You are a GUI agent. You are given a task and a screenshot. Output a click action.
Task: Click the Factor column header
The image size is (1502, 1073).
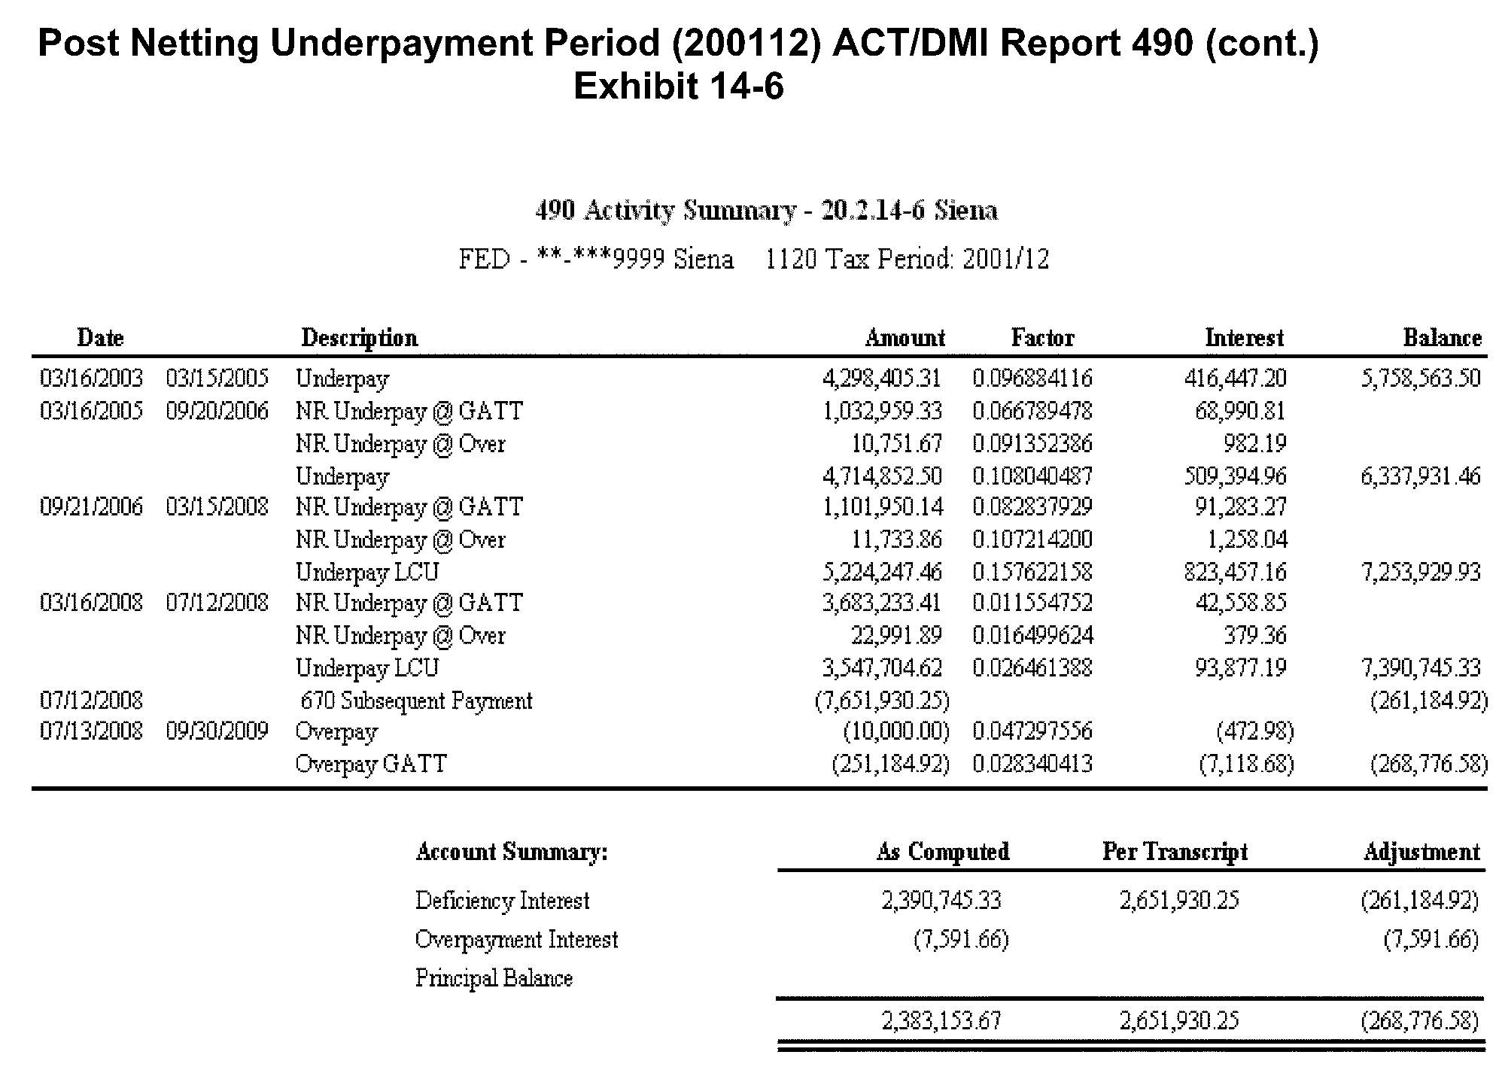[x=1042, y=338]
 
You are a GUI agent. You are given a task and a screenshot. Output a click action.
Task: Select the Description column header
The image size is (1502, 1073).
[x=359, y=338]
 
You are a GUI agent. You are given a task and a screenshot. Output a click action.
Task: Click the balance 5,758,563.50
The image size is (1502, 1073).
[x=1420, y=378]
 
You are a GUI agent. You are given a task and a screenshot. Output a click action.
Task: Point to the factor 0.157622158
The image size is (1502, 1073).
[x=1032, y=572]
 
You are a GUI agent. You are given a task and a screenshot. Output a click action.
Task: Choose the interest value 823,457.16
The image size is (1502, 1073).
[x=1235, y=572]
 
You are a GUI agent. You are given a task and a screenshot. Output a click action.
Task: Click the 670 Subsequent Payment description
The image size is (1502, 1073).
[x=416, y=701]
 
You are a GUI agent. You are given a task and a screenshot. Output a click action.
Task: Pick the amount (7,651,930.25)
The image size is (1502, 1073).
[x=882, y=701]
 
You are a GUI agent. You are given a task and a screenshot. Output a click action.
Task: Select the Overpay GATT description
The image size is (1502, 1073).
[x=371, y=764]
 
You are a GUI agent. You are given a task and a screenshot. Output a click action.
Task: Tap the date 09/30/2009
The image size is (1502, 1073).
[x=217, y=731]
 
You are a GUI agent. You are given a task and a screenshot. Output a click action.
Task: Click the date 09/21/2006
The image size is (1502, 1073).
[x=91, y=506]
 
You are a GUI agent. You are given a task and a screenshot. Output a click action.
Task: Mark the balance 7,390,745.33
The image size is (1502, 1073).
[x=1420, y=667]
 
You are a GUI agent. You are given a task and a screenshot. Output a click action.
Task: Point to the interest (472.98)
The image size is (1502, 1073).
[x=1254, y=731]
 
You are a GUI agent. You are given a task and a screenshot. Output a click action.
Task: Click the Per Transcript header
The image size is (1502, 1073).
[x=1175, y=852]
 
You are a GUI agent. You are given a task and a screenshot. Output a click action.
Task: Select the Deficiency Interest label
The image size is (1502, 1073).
[x=502, y=901]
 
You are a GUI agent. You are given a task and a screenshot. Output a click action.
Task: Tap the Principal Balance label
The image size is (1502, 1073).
[x=494, y=978]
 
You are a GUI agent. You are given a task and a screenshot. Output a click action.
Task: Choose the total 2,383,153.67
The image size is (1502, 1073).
[x=941, y=1021]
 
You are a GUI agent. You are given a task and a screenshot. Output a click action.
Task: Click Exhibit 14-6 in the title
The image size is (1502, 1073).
[x=678, y=86]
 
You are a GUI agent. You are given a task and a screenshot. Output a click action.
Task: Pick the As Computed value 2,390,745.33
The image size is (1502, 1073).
[x=941, y=901]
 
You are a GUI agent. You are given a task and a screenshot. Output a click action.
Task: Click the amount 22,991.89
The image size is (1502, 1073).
[x=896, y=635]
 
